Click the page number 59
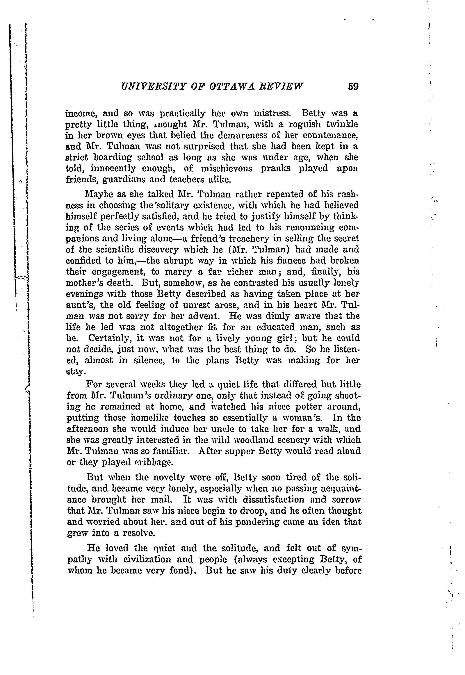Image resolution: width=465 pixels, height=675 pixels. click(x=353, y=87)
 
